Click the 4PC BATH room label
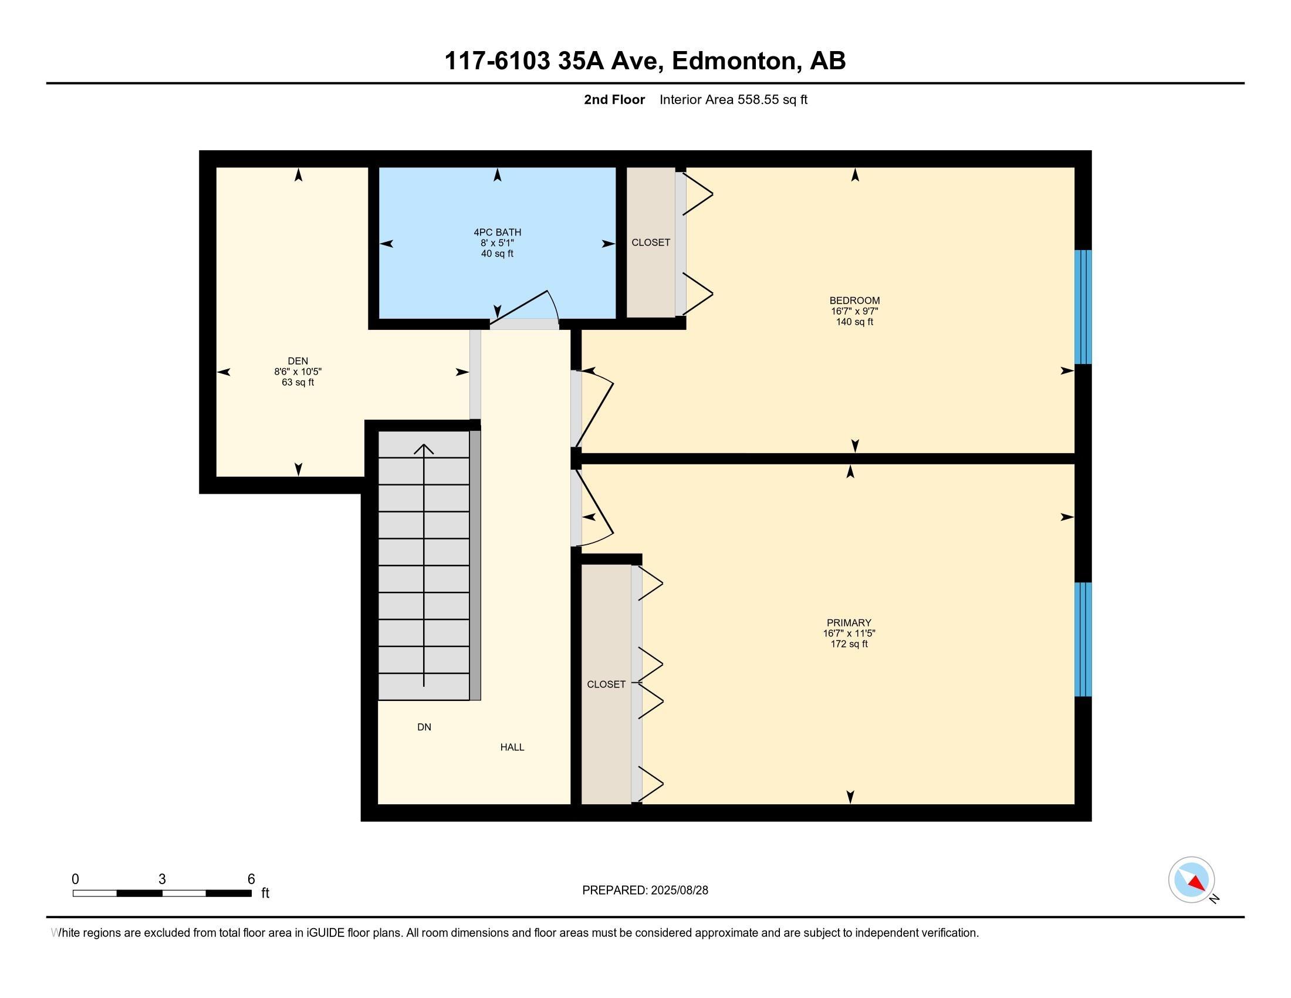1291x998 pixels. (x=497, y=232)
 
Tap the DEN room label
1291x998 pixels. (x=298, y=361)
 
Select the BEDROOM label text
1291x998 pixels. (x=854, y=301)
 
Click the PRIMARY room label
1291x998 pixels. (x=849, y=622)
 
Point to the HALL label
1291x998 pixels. (x=512, y=747)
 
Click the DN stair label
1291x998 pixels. (x=424, y=727)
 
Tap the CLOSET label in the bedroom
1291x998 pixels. (x=651, y=242)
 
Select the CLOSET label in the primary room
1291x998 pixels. (x=606, y=684)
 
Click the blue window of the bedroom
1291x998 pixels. (x=1083, y=307)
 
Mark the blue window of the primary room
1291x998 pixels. (x=1083, y=640)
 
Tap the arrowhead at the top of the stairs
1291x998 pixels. (x=424, y=449)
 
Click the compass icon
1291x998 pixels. (x=1191, y=879)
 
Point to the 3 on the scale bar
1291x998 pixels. (x=162, y=879)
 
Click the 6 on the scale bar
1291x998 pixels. (x=251, y=879)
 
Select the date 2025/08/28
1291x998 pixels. (x=678, y=891)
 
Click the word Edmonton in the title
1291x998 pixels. (x=733, y=61)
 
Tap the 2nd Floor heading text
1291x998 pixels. (x=614, y=99)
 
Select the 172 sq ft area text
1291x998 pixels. (x=849, y=644)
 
